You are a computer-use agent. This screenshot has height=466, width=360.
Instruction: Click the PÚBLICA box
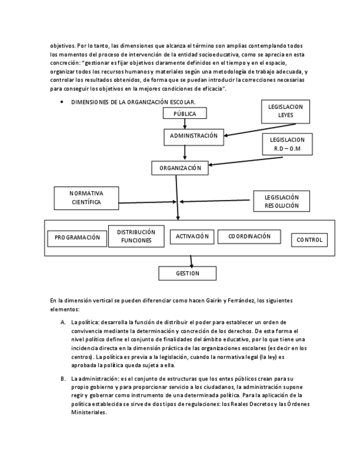click(185, 114)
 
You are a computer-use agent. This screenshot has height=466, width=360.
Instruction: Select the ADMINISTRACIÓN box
click(193, 136)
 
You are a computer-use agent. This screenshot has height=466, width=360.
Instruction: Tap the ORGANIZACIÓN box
click(180, 168)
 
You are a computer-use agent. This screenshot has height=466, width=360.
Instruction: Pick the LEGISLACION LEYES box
click(285, 112)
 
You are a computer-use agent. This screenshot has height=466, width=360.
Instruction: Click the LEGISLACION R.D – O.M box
click(287, 145)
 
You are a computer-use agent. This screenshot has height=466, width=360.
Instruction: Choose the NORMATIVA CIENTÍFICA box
click(86, 198)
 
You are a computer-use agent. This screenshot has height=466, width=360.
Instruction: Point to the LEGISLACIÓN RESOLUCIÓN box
click(281, 201)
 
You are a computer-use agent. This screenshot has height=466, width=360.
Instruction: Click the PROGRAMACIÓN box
click(77, 238)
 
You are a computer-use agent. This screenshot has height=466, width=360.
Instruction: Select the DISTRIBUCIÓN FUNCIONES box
click(136, 236)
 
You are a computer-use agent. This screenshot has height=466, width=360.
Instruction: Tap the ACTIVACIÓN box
click(192, 236)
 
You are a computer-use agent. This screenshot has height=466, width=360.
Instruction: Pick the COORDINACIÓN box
click(249, 236)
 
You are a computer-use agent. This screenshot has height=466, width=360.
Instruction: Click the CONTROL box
click(309, 240)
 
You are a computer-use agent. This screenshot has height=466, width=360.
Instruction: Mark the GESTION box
click(187, 273)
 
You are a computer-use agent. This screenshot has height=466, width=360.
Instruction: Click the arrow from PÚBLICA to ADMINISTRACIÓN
click(185, 124)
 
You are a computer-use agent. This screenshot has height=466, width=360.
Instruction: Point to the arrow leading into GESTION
click(191, 261)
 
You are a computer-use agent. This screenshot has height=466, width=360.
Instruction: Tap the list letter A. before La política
click(63, 322)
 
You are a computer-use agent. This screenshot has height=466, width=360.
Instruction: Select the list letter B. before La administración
click(63, 379)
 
